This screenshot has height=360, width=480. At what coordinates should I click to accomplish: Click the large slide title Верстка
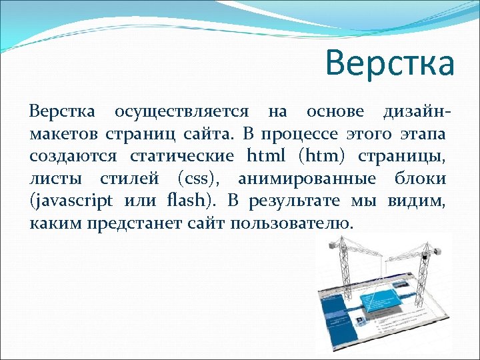tap(389, 64)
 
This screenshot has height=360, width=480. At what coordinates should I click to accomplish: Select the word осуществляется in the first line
tap(181, 111)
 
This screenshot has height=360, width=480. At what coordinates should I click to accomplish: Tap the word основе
tap(335, 111)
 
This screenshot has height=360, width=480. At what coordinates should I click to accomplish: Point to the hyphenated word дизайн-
tap(419, 111)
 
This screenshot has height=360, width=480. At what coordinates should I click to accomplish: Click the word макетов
tap(63, 134)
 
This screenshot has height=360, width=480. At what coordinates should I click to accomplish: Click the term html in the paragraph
tap(266, 156)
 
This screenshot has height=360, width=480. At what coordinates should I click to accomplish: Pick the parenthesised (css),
tap(202, 179)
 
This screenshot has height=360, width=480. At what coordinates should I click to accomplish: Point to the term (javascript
tap(71, 201)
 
